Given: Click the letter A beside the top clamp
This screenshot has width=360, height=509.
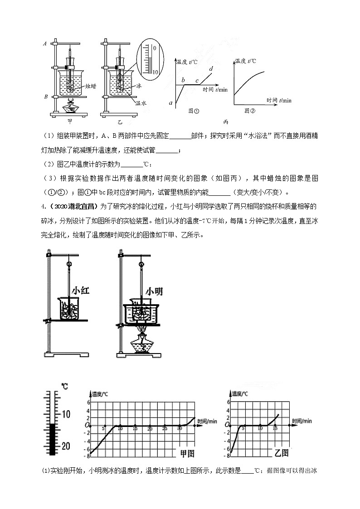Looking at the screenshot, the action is (45, 44).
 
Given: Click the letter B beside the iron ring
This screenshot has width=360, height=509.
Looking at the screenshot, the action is (45, 97).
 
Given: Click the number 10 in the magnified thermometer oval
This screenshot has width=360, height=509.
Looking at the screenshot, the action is (154, 72).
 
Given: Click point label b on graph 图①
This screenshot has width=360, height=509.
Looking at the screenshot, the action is (183, 80).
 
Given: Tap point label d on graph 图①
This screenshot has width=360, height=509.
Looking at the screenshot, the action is (211, 69).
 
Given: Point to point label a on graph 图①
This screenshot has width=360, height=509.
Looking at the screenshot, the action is (171, 104).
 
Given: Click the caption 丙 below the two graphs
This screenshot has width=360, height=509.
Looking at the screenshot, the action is (225, 121).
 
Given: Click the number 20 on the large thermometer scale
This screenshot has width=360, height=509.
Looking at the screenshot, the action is (66, 446).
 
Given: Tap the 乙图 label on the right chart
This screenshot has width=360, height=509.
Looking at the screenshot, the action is (282, 452).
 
